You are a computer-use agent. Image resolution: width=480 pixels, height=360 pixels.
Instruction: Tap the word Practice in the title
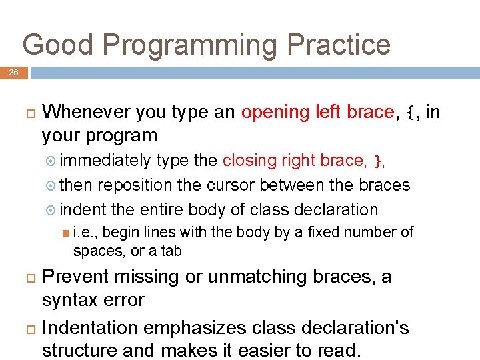click(x=339, y=45)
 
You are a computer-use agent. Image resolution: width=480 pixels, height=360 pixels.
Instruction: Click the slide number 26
click(x=14, y=73)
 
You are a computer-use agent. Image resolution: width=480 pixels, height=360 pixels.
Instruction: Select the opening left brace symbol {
click(x=413, y=112)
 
